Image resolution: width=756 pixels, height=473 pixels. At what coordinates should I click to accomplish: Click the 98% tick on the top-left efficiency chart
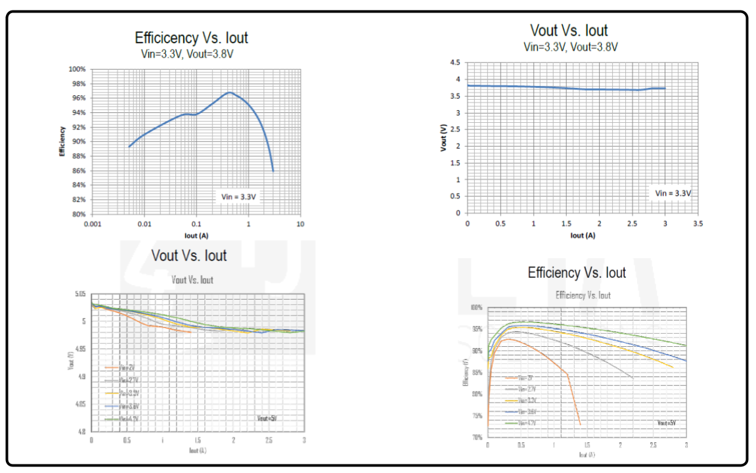coord(78,83)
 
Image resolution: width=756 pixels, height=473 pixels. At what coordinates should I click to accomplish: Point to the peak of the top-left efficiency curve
coord(229,93)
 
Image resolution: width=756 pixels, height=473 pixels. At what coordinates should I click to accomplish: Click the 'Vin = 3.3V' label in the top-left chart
coord(238,196)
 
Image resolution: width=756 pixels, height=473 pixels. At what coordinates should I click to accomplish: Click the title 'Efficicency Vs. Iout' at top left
coord(191,37)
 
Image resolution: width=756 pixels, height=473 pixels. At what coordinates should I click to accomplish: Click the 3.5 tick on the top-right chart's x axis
coord(698,224)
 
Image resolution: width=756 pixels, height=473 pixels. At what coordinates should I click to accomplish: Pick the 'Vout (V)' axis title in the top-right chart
coord(443,137)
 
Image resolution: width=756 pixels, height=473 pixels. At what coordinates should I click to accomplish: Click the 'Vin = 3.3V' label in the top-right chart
coord(673,193)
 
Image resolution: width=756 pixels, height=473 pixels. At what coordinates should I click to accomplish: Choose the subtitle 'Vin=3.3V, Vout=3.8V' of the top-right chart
coord(570,47)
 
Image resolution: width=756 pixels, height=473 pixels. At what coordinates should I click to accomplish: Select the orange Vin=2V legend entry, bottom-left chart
coord(122,368)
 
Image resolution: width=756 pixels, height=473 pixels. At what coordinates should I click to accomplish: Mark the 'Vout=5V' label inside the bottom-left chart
coord(267,418)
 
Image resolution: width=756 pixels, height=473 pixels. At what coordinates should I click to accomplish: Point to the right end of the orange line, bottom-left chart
coord(190,332)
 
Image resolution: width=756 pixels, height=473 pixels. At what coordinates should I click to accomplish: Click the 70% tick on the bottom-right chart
coord(476,437)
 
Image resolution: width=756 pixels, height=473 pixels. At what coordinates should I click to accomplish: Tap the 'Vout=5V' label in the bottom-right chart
coord(667,422)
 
